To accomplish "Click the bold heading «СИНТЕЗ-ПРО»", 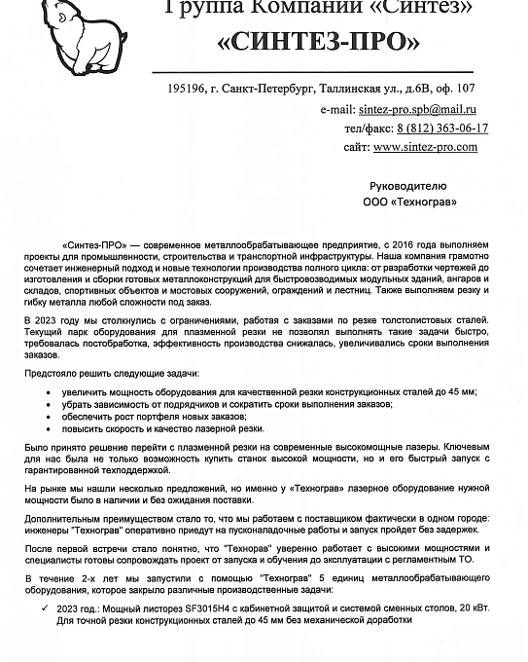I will (319, 43).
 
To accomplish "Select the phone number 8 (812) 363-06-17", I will (442, 128).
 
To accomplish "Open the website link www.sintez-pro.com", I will (425, 147).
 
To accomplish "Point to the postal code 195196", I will (186, 89).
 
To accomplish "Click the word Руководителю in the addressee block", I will (408, 185).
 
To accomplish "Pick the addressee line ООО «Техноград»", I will (408, 202).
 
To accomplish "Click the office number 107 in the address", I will (465, 89).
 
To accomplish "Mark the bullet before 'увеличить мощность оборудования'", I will (50, 391).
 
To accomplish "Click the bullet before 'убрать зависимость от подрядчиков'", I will (50, 404).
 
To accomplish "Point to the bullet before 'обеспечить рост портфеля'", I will (50, 416).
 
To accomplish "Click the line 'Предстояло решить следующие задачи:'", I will (112, 373).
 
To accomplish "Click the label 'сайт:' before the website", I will (356, 147).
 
